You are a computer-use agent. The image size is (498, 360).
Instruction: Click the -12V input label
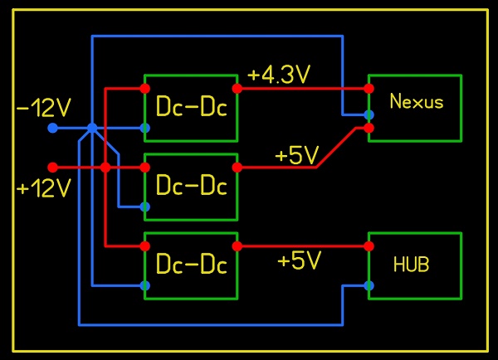pyautogui.click(x=43, y=107)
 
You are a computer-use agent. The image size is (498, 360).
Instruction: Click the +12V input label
pyautogui.click(x=44, y=188)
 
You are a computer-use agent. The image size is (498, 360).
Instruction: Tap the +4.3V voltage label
pyautogui.click(x=279, y=75)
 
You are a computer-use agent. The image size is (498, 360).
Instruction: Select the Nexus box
pyautogui.click(x=415, y=108)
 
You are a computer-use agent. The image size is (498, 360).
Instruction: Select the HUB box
pyautogui.click(x=415, y=265)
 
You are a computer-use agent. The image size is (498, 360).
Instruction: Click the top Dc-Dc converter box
pyautogui.click(x=191, y=107)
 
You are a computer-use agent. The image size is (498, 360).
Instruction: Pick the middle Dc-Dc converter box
pyautogui.click(x=191, y=186)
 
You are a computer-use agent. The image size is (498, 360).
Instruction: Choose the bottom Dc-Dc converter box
pyautogui.click(x=191, y=265)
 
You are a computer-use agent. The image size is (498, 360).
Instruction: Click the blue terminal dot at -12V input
pyautogui.click(x=52, y=128)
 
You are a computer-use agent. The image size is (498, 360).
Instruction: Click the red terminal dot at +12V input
pyautogui.click(x=52, y=167)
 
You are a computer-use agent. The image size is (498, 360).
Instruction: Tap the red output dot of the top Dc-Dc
pyautogui.click(x=237, y=87)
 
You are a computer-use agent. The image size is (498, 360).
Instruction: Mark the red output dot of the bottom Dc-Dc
pyautogui.click(x=237, y=246)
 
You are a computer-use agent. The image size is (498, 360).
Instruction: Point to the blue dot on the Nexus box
pyautogui.click(x=369, y=114)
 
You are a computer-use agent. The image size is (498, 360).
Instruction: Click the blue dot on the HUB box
pyautogui.click(x=369, y=285)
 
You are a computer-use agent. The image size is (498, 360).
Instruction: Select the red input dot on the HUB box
pyautogui.click(x=369, y=246)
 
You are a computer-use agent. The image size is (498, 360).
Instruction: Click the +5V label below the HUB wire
pyautogui.click(x=299, y=261)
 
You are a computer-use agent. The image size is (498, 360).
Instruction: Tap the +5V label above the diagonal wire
pyautogui.click(x=297, y=155)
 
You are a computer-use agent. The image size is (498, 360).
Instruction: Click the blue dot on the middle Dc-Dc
pyautogui.click(x=145, y=206)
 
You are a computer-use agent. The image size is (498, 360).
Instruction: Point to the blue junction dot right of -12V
pyautogui.click(x=92, y=128)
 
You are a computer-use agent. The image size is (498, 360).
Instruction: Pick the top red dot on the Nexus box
pyautogui.click(x=369, y=87)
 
